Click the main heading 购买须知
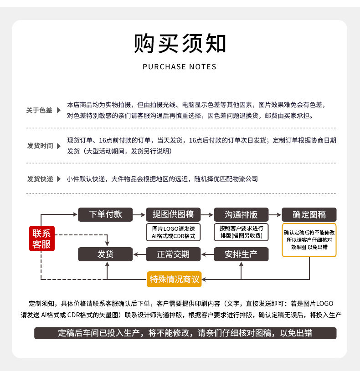click(180, 44)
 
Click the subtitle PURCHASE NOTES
click(180, 67)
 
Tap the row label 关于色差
click(39, 110)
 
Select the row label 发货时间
click(40, 146)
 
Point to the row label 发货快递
click(40, 179)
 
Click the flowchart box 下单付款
click(105, 214)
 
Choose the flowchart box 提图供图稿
click(173, 214)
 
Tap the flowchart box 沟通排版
click(241, 214)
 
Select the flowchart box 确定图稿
click(309, 214)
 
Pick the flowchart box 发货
click(105, 254)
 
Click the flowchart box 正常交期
click(173, 254)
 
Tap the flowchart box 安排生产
click(241, 254)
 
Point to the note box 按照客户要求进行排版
click(241, 232)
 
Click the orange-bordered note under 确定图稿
click(309, 240)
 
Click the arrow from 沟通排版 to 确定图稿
click(275, 214)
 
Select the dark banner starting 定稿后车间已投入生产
click(185, 333)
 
